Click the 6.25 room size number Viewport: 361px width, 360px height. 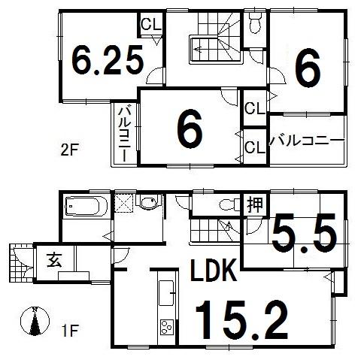point(108,61)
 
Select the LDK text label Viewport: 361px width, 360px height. point(214,271)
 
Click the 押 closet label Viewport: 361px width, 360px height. point(255,204)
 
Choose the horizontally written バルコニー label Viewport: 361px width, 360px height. point(306,140)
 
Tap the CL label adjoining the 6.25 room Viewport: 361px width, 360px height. point(150,23)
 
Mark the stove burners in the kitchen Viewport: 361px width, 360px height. point(165,328)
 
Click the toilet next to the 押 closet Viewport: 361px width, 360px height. point(225,204)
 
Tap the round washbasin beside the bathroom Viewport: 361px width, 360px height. point(149,204)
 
